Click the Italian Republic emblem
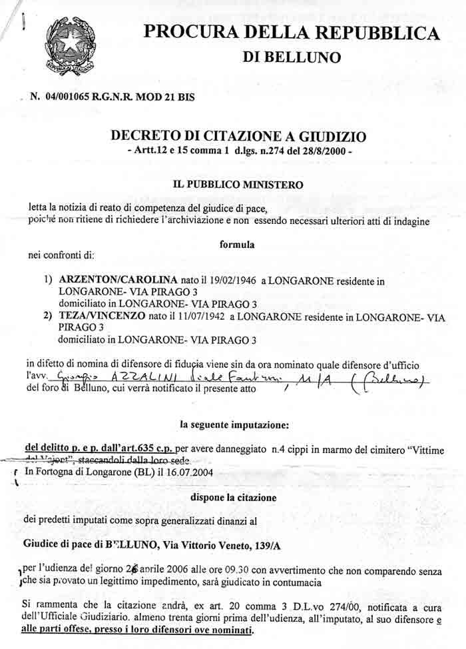(70, 47)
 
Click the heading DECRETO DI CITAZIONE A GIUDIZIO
(238, 136)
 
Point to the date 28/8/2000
(329, 151)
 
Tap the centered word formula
(237, 244)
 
